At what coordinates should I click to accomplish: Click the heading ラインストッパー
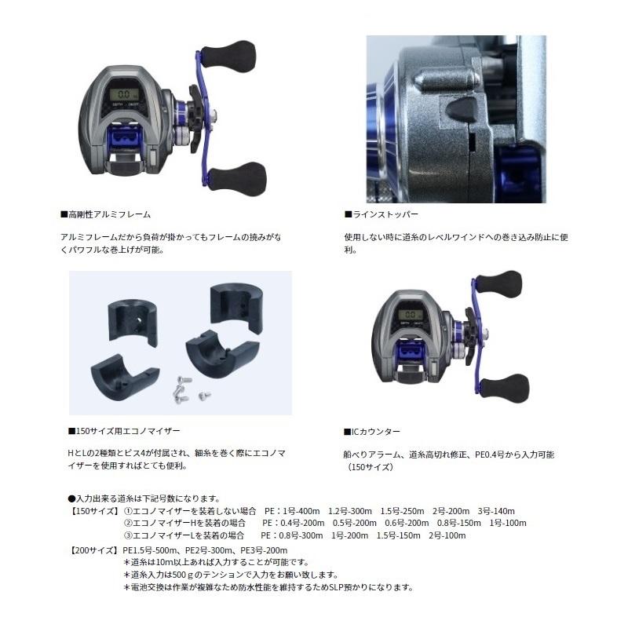tap(381, 214)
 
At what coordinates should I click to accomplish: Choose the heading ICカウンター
tap(372, 432)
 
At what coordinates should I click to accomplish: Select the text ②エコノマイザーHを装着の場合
tap(185, 523)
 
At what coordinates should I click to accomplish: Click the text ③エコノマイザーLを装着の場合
tap(184, 535)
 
